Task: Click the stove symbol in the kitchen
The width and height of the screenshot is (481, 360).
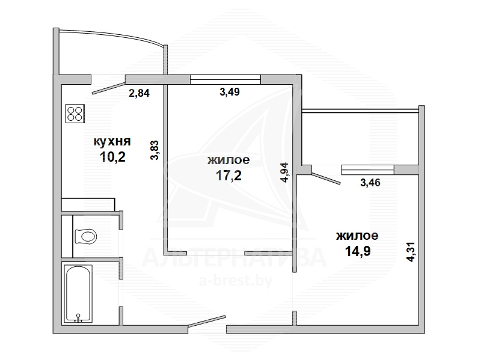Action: point(75,114)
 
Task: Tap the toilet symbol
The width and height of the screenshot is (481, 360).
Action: point(85,236)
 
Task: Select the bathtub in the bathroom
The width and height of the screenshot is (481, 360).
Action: point(78,294)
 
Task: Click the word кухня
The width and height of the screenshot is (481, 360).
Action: point(112,142)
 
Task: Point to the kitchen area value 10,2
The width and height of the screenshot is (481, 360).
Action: point(112,157)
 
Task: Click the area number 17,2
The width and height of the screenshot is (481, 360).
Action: point(228,175)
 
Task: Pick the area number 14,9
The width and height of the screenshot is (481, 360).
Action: point(358,251)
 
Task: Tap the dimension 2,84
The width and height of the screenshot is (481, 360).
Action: point(139,93)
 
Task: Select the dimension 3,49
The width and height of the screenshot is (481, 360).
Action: point(230,92)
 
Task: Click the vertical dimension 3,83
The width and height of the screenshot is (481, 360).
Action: point(155,150)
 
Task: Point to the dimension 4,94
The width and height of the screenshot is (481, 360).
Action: point(285,172)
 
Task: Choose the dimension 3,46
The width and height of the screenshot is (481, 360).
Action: point(370,183)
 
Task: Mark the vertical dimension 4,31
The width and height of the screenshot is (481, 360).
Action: point(411,252)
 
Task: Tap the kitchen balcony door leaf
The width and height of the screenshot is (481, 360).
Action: point(109,87)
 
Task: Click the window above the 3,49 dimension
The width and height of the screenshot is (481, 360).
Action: point(225,79)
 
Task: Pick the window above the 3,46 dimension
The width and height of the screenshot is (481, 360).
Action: point(367,170)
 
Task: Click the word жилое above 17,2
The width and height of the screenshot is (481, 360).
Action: point(228,160)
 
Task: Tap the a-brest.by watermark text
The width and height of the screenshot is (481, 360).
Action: point(236,281)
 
